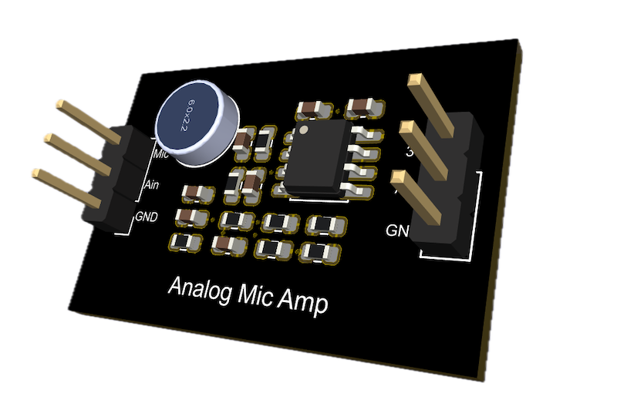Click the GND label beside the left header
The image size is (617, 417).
tap(147, 217)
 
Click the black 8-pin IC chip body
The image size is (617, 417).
tap(316, 158)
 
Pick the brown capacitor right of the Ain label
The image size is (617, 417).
tap(193, 192)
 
